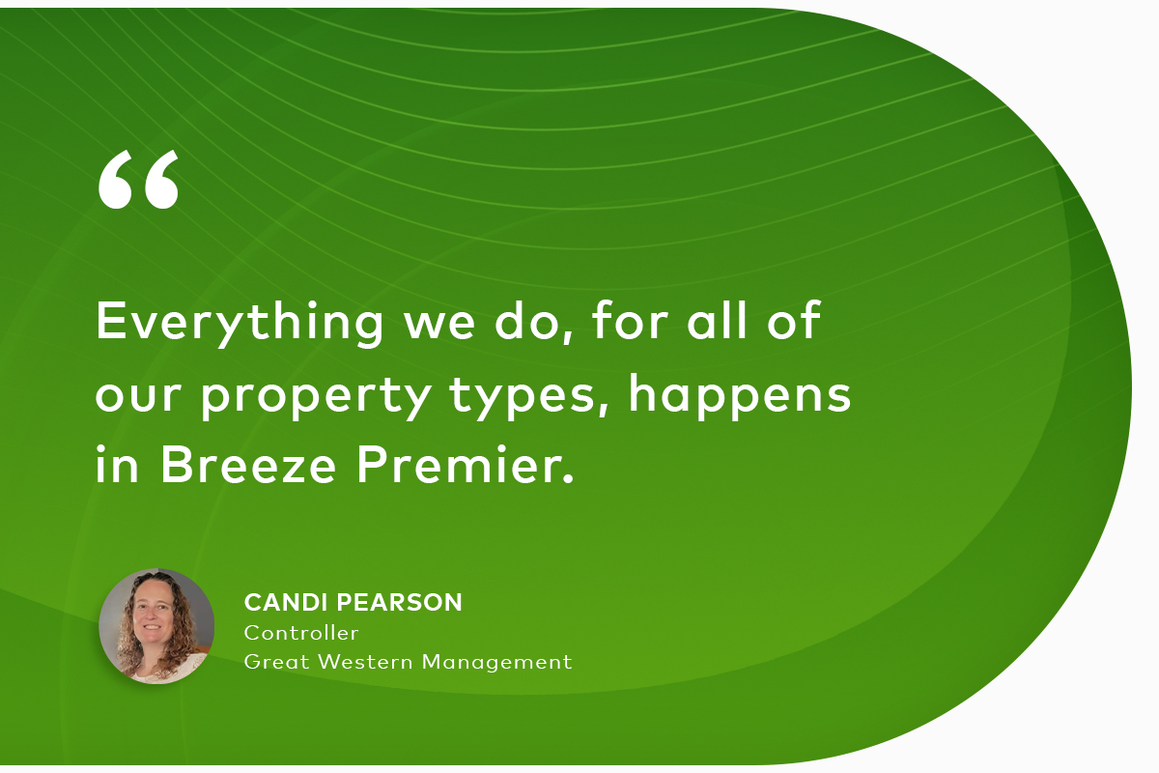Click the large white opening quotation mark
pos(138,180)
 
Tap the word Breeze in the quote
pos(250,466)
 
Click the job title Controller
pos(301,633)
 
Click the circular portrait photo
pos(156,626)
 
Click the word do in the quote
pos(525,321)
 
